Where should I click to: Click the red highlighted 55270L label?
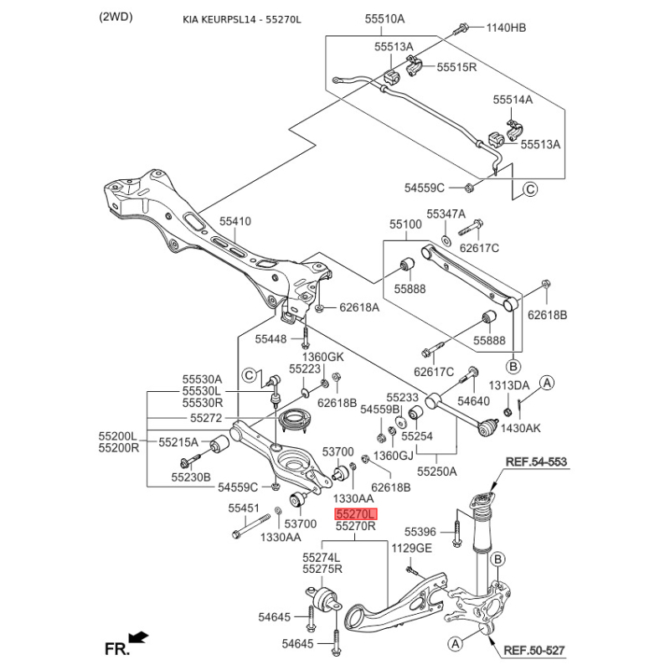356,514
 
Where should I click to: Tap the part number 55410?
235,222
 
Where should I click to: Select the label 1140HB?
507,28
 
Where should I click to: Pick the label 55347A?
446,214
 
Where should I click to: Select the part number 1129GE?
412,548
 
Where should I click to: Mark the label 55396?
420,532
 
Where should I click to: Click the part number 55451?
245,508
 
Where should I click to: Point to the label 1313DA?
509,385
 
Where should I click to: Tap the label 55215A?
178,441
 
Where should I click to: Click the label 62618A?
359,307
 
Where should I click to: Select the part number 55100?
405,225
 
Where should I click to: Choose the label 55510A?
384,18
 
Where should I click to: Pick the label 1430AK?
522,428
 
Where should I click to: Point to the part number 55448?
272,338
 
